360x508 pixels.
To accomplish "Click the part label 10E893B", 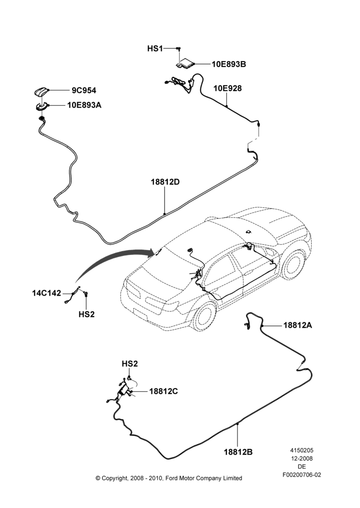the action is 229,64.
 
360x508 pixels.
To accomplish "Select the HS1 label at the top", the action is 155,49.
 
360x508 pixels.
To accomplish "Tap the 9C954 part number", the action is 84,90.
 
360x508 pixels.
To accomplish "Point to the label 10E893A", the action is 84,105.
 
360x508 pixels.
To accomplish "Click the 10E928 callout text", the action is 227,88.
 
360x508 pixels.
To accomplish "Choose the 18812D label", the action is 165,182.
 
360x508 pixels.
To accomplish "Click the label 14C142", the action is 46,293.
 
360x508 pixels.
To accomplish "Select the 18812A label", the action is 298,325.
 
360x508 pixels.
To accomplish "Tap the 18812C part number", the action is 163,391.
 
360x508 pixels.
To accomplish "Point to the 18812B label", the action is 238,452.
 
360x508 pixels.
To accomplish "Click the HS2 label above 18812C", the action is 130,364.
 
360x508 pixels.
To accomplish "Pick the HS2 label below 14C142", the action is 86,314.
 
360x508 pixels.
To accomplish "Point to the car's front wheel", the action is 294,266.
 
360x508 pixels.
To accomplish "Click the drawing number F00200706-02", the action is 302,475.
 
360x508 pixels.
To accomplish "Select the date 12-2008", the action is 302,458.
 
